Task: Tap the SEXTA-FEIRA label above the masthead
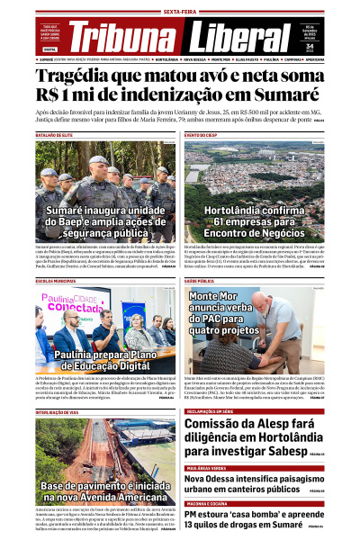pyautogui.click(x=180, y=12)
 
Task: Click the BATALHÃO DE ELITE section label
pyautogui.click(x=54, y=136)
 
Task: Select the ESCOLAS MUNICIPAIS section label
pyautogui.click(x=56, y=282)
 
